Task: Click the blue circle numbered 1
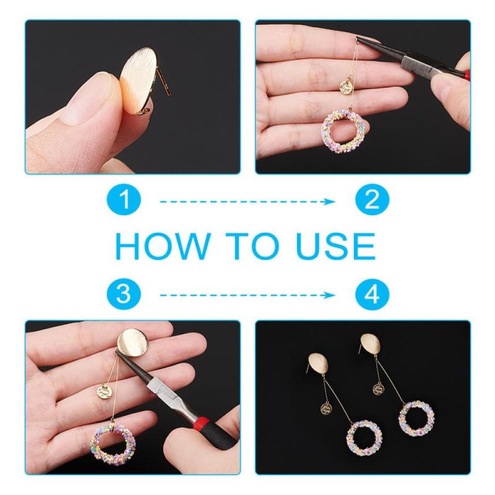tap(124, 199)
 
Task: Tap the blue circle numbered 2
tap(372, 199)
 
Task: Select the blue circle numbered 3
tap(124, 294)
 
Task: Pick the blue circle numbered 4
tap(372, 294)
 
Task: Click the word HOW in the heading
tap(163, 246)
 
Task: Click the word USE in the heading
tap(337, 246)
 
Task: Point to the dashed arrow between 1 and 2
tap(247, 202)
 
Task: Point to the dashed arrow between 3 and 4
tap(247, 296)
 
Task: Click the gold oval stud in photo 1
tap(138, 81)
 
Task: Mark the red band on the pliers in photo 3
tap(200, 421)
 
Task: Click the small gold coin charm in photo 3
tap(105, 392)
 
